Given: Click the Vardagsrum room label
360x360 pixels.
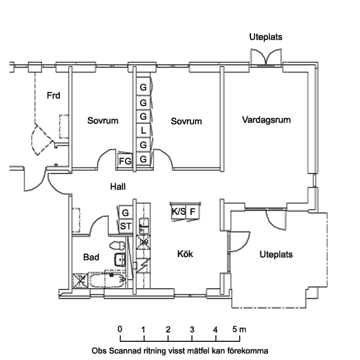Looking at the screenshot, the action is tap(266, 120).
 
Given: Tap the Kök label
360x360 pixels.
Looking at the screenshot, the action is tap(185, 254).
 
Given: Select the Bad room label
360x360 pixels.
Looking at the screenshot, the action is tap(91, 257).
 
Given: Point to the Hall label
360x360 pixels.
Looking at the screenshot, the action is tap(118, 186).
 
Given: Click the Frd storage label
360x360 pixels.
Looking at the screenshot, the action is tap(54, 95).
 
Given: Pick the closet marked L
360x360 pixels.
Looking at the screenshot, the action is tap(143, 131).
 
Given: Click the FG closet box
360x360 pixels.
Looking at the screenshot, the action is tap(125, 161).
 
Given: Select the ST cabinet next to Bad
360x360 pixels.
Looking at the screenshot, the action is tap(126, 227).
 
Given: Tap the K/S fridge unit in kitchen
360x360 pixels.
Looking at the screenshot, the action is tap(179, 212).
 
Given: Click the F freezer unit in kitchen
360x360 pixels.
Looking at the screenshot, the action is tap(192, 212).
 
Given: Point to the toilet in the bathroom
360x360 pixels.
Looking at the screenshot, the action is tap(117, 245).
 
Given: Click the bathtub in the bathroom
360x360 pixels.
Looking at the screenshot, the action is tap(107, 280).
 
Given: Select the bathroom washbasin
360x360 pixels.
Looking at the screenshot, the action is tap(120, 260).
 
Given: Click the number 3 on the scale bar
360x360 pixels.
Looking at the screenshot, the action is tap(192, 330).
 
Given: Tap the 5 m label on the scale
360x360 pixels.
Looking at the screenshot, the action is tap(239, 330).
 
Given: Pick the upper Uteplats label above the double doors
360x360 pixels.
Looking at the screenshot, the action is tap(265, 37).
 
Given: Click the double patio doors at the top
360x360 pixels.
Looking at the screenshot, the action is tap(266, 58).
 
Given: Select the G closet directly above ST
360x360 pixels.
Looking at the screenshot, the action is tap(126, 212).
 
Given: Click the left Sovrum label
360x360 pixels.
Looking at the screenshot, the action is tap(103, 120).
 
